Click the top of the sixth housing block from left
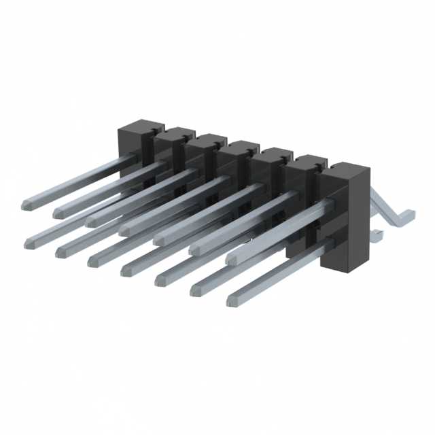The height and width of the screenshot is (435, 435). tap(308, 160)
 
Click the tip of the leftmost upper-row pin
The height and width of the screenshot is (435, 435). tap(29, 203)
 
